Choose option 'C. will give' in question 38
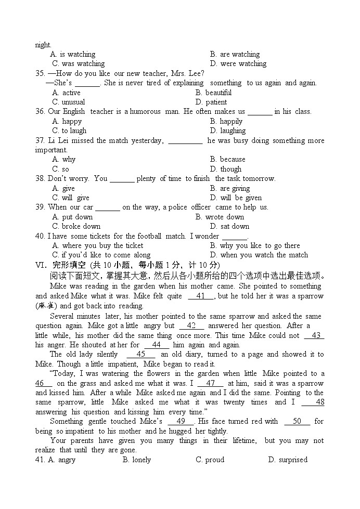71,198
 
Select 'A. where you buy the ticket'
98,245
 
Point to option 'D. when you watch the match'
259,255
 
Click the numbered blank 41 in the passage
201,296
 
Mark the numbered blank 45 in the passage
140,354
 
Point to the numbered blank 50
298,421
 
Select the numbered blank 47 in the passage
211,383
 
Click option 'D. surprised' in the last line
288,460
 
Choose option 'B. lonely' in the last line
137,460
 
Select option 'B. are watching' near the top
235,54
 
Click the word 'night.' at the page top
43,45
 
